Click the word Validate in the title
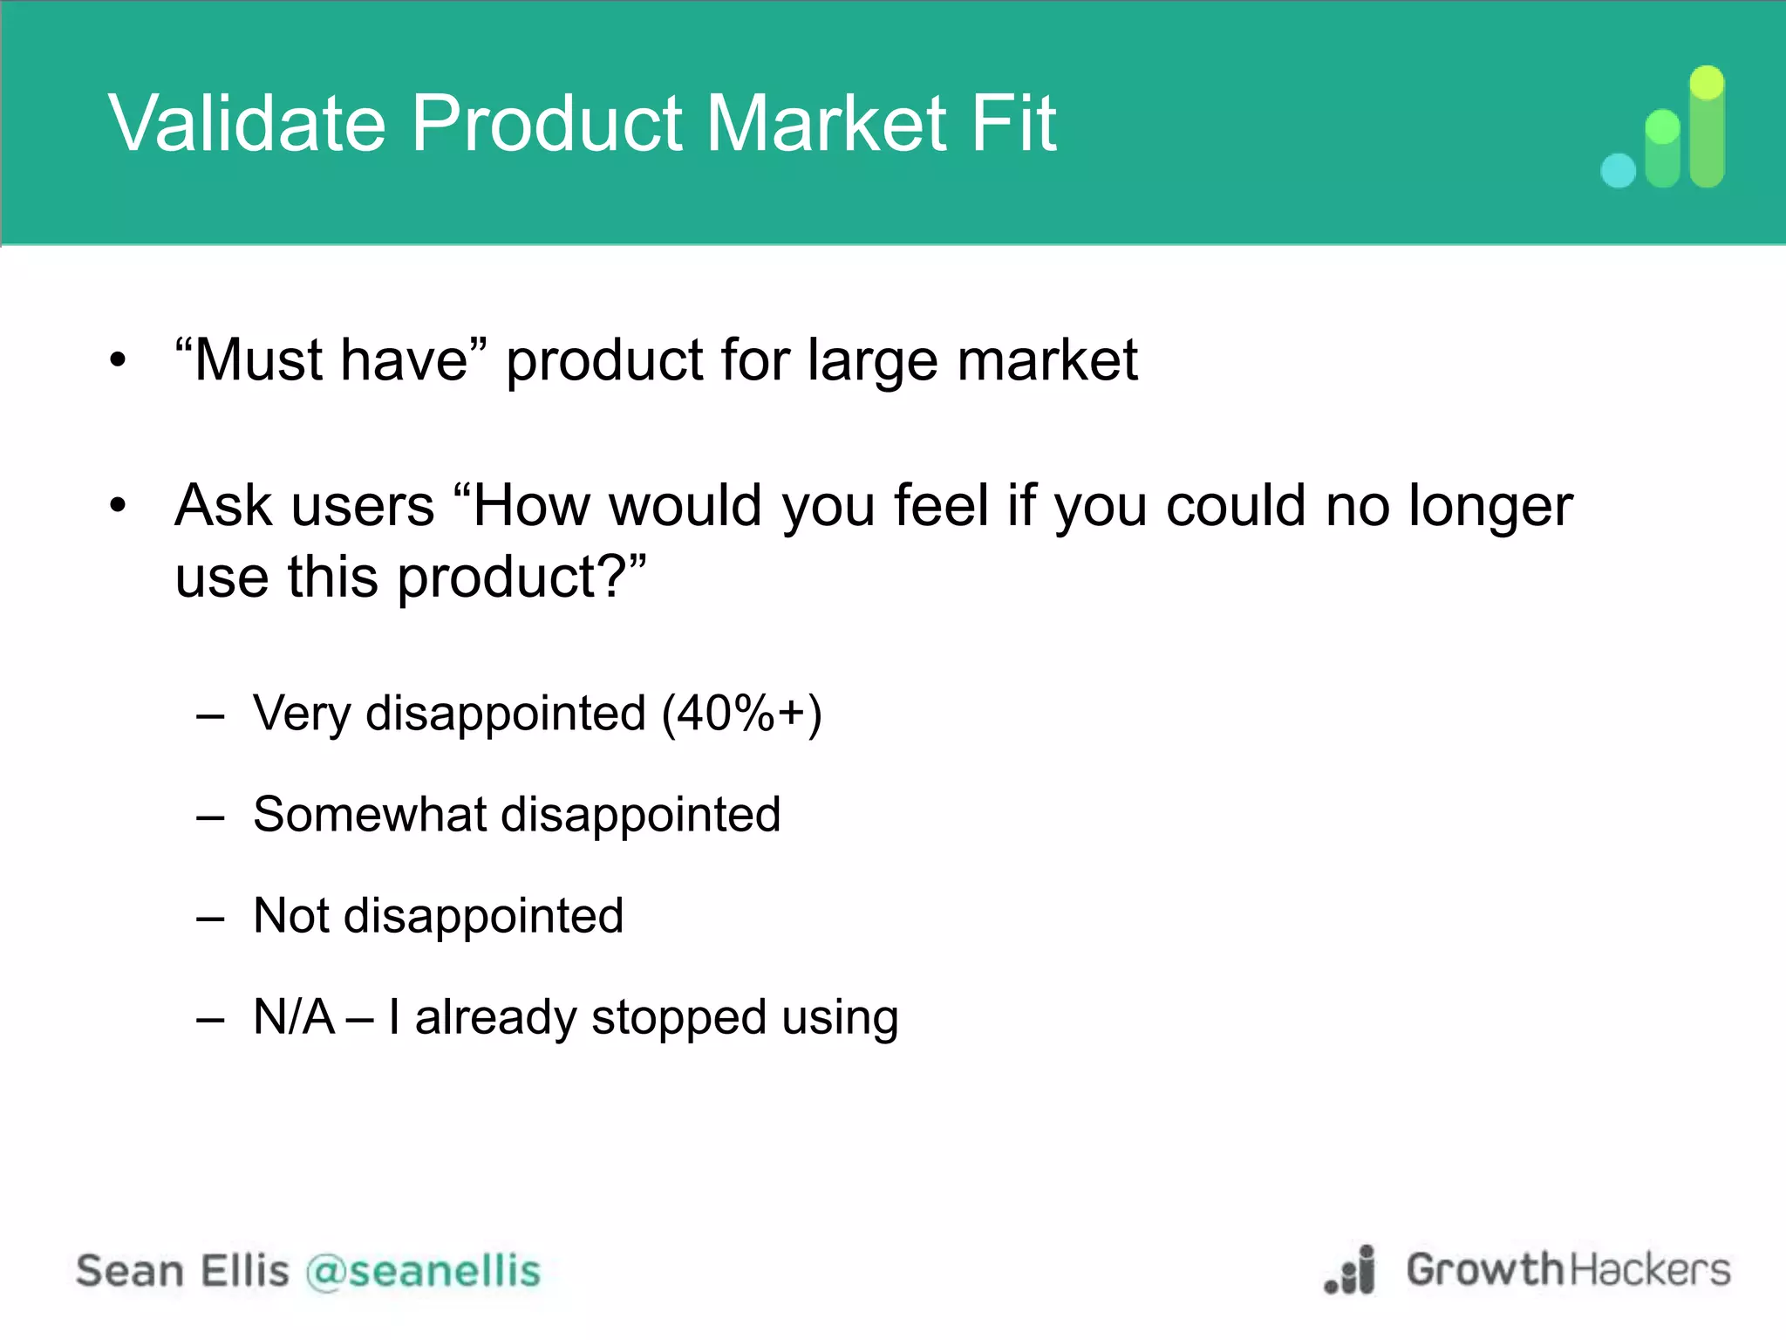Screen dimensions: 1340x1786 (x=247, y=123)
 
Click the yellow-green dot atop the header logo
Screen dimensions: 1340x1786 (x=1707, y=84)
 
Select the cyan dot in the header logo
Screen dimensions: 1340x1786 (x=1619, y=171)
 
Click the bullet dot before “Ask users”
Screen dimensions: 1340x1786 (x=119, y=505)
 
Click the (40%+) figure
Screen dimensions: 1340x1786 (x=741, y=714)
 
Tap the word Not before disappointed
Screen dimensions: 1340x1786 (x=291, y=916)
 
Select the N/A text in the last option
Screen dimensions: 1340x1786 (x=294, y=1017)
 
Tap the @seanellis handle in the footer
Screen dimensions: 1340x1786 (x=424, y=1270)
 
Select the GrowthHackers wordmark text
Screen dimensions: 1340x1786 (x=1568, y=1270)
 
